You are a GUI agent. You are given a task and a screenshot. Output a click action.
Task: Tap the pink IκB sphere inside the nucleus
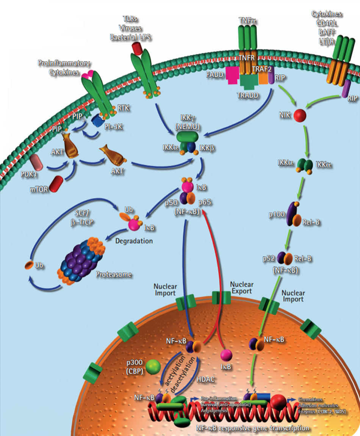tap(227, 355)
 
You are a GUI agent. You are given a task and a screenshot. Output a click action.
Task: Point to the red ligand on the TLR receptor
tap(137, 48)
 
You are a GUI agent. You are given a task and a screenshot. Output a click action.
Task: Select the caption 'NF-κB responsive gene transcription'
tap(252, 428)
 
